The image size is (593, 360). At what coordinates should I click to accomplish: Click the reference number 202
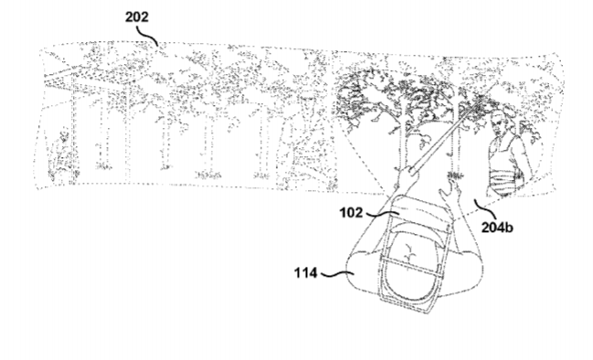[x=137, y=17]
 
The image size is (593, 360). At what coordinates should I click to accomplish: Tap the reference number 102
[x=352, y=213]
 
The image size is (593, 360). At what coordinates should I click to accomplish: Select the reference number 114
[x=305, y=272]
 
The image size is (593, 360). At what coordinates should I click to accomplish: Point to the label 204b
[x=497, y=228]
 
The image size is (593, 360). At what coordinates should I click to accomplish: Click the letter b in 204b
[x=509, y=228]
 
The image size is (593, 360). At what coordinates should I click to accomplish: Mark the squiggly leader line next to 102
[x=381, y=215]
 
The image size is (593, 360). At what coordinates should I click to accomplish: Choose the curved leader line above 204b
[x=482, y=206]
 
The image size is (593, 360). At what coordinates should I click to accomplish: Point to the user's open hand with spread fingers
[x=451, y=190]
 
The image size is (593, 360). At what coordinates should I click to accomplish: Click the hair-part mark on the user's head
[x=409, y=251]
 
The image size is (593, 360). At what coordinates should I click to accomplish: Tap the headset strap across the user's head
[x=411, y=266]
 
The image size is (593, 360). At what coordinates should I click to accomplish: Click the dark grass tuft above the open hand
[x=455, y=175]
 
